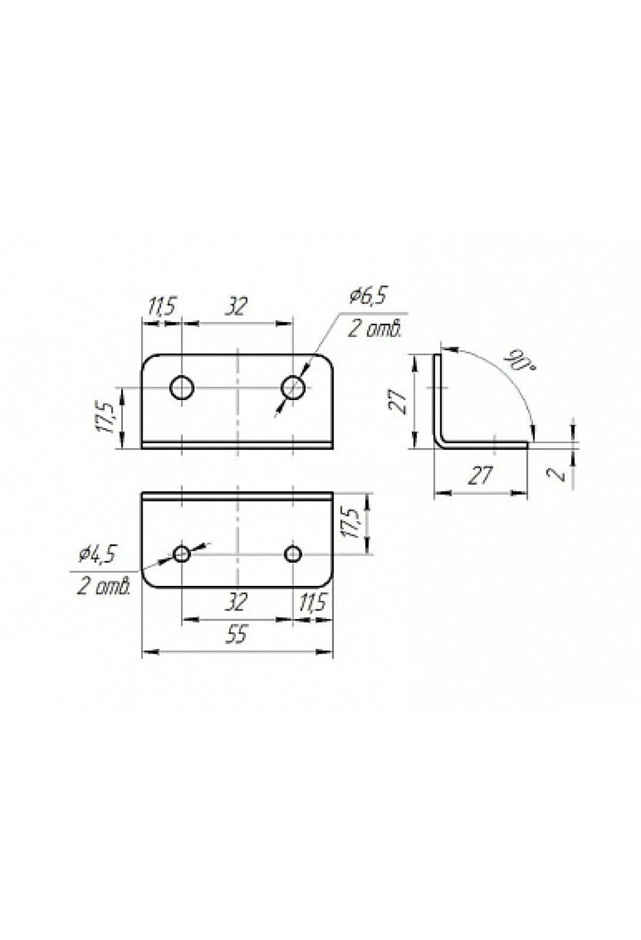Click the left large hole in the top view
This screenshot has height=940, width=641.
point(182,388)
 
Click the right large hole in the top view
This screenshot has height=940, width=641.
point(293,388)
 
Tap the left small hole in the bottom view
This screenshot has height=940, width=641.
point(182,554)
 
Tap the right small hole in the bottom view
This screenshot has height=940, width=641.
point(293,554)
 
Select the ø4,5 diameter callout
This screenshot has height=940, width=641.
point(97,555)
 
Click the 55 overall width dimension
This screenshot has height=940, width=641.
point(237,636)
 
